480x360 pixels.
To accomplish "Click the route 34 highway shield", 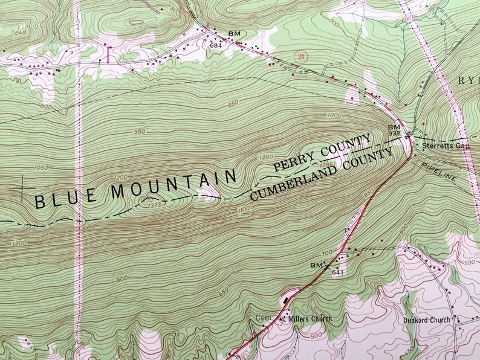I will [299, 56].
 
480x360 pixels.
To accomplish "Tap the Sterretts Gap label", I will [446, 146].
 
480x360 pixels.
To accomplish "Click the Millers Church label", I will [310, 318].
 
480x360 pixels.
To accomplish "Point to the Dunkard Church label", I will [426, 320].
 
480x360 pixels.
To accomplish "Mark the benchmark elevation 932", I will [394, 134].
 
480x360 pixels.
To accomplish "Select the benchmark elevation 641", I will [337, 272].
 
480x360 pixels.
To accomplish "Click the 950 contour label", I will [141, 131].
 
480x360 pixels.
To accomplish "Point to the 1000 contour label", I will [334, 115].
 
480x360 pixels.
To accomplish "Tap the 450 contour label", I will [409, 350].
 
